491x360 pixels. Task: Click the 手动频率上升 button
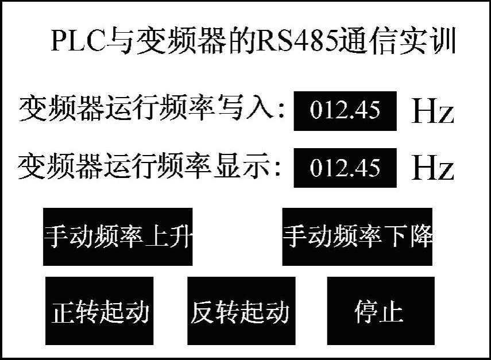tap(118, 237)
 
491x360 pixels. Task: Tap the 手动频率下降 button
tap(357, 237)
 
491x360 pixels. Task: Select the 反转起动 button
tap(239, 312)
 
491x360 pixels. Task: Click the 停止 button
tap(378, 312)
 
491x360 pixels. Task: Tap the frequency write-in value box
tap(345, 110)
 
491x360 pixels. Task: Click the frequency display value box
tap(345, 168)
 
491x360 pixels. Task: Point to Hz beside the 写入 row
tap(433, 112)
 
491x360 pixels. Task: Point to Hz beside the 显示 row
tap(433, 168)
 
